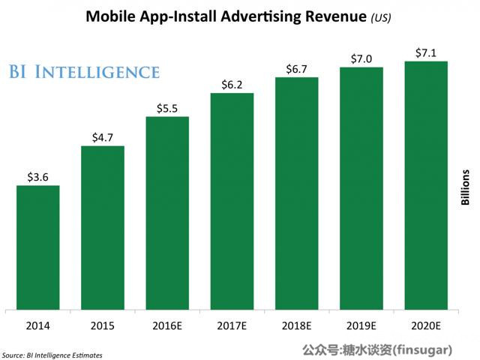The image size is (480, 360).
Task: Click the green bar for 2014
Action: tap(37, 247)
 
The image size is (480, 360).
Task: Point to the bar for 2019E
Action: tap(361, 187)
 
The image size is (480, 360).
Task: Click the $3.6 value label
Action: tap(37, 177)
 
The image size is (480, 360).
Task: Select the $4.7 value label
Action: tap(102, 137)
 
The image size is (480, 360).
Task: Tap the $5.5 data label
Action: tap(166, 108)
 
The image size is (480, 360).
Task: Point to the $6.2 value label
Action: tap(232, 85)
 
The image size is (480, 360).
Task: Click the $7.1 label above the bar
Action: tap(425, 52)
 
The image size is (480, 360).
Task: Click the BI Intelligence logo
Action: tap(84, 72)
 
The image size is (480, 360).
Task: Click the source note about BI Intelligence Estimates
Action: tap(52, 354)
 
